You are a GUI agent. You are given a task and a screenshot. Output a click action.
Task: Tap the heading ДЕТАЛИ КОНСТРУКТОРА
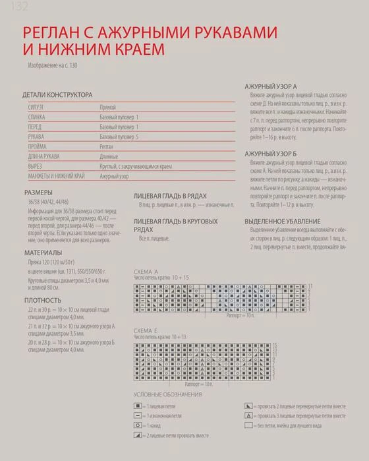[57, 95]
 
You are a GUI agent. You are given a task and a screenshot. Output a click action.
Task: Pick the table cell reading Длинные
[110, 156]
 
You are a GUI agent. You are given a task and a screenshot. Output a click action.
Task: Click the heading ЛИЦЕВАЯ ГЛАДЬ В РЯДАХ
[170, 197]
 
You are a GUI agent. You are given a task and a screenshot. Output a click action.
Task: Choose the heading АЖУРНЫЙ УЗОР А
[270, 86]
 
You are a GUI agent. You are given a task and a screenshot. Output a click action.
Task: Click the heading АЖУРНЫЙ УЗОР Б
[270, 153]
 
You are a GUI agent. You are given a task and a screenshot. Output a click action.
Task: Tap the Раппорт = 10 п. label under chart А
[240, 316]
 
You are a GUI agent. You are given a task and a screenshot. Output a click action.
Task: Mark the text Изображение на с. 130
[57, 66]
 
